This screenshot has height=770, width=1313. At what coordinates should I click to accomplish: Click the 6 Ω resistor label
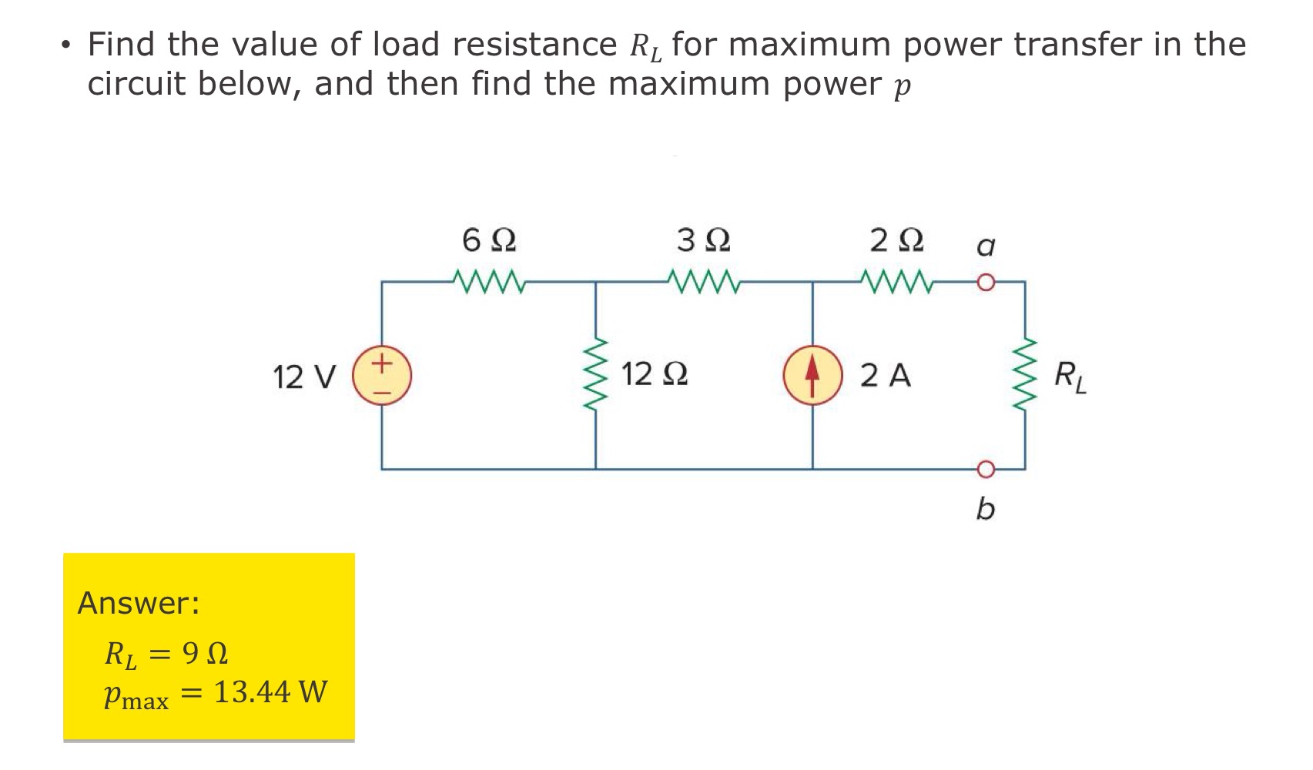[x=489, y=241]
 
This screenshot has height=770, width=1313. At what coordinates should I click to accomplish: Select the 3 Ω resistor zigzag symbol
[x=705, y=282]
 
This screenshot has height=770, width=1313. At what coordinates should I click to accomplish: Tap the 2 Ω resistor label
[x=896, y=241]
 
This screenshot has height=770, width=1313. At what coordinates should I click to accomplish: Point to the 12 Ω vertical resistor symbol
[x=595, y=375]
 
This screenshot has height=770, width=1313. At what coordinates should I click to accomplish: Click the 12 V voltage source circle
[x=382, y=376]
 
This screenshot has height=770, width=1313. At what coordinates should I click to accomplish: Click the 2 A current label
[x=885, y=376]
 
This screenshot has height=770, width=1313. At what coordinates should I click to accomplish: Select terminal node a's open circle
[x=986, y=283]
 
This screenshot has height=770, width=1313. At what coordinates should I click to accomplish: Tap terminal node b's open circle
[x=986, y=468]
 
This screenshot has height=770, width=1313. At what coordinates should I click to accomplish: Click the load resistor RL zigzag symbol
[x=1025, y=375]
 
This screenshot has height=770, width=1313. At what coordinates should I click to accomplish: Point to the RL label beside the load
[x=1070, y=377]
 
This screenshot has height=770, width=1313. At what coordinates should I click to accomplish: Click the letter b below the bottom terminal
[x=985, y=509]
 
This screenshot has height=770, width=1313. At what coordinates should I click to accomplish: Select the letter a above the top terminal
[x=985, y=247]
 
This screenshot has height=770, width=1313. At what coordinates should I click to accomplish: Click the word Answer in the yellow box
[x=138, y=603]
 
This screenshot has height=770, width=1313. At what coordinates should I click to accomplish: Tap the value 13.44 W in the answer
[x=270, y=692]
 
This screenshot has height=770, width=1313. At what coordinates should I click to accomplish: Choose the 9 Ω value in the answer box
[x=205, y=654]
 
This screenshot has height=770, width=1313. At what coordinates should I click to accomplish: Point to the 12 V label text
[x=304, y=378]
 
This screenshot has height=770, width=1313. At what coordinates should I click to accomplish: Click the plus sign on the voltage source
[x=383, y=361]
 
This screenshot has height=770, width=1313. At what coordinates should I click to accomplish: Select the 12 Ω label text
[x=655, y=375]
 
